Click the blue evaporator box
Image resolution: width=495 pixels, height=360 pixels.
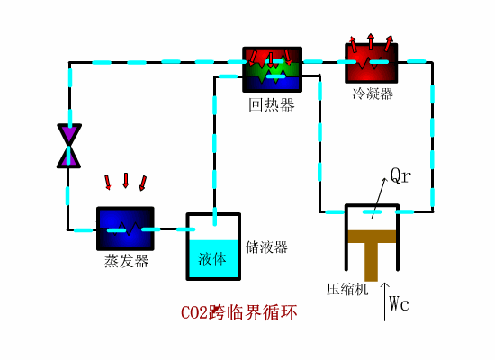click(x=125, y=229)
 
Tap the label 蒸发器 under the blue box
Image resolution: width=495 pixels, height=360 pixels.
click(x=126, y=261)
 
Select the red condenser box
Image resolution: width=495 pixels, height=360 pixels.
click(x=371, y=64)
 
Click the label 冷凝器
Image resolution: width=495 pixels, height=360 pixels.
click(x=373, y=94)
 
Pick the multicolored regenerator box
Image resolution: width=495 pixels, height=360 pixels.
click(x=272, y=70)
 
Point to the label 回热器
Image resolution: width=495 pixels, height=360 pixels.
click(x=272, y=105)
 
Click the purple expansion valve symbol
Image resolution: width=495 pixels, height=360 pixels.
click(x=68, y=146)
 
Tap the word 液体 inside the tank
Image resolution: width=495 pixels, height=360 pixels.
click(x=212, y=259)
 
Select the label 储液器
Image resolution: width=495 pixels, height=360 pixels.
click(x=266, y=247)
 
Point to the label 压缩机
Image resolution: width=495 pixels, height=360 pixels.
click(x=347, y=290)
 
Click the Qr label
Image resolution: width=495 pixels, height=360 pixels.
click(x=400, y=175)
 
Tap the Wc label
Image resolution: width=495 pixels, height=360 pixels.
click(x=400, y=303)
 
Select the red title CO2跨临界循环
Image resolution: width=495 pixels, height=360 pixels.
click(x=238, y=313)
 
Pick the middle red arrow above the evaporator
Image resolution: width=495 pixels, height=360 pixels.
click(x=126, y=181)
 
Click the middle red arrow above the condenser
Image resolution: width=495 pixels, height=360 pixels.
click(x=370, y=41)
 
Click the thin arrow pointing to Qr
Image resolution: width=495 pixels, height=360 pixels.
click(x=382, y=193)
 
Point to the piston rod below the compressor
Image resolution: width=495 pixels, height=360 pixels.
click(x=371, y=263)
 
